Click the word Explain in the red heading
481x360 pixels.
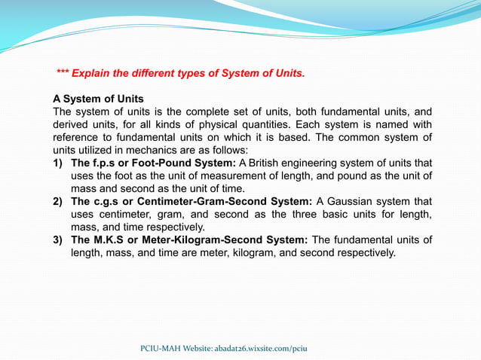tap(93, 73)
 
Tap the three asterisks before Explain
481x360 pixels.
tap(63, 73)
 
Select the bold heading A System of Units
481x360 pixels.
tap(98, 99)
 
